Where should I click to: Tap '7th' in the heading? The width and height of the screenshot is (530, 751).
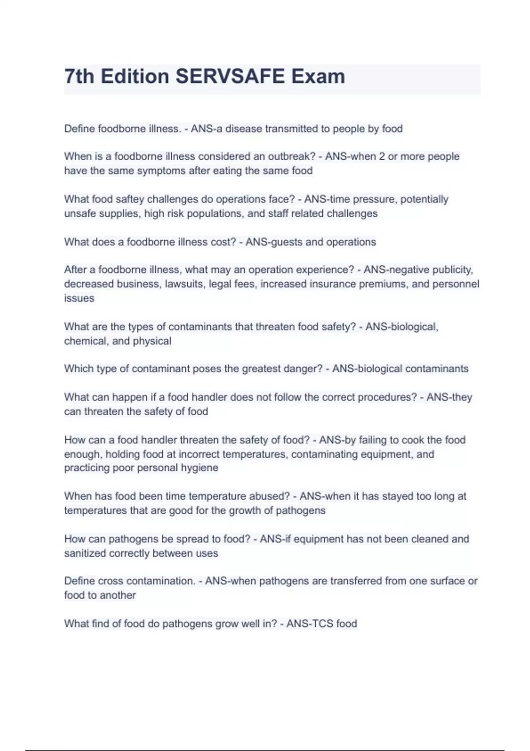tap(79, 76)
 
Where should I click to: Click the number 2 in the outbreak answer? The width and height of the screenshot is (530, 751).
tap(382, 156)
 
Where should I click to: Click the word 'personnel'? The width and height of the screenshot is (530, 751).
tap(455, 284)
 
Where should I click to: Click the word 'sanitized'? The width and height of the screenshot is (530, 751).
tap(85, 554)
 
